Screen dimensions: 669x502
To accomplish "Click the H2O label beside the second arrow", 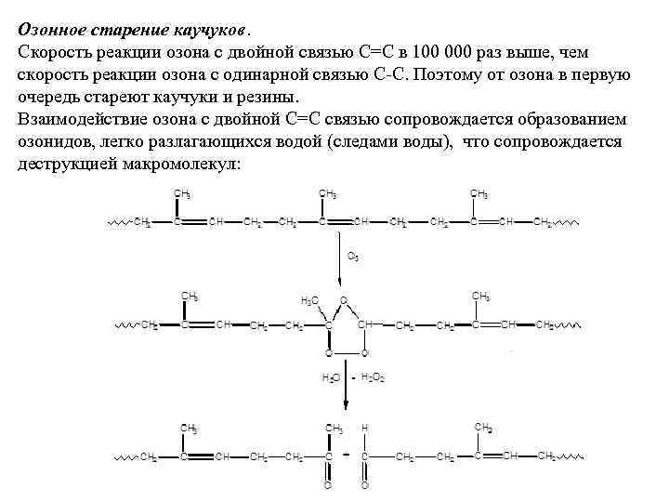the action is pyautogui.click(x=331, y=378).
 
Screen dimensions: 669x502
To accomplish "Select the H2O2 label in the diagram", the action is pyautogui.click(x=372, y=378).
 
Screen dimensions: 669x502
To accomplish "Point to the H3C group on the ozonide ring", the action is pyautogui.click(x=309, y=301).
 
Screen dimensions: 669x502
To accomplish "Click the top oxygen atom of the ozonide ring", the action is pyautogui.click(x=343, y=300).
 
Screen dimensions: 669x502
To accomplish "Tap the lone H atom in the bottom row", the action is pyautogui.click(x=364, y=429).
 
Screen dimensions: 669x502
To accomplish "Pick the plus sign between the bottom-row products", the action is pyautogui.click(x=345, y=456).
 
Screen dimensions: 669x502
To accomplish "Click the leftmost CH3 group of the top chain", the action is pyautogui.click(x=182, y=193).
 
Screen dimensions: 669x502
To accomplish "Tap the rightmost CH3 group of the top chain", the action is pyautogui.click(x=479, y=193).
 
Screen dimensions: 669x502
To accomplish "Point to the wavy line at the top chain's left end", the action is pyautogui.click(x=119, y=223).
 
